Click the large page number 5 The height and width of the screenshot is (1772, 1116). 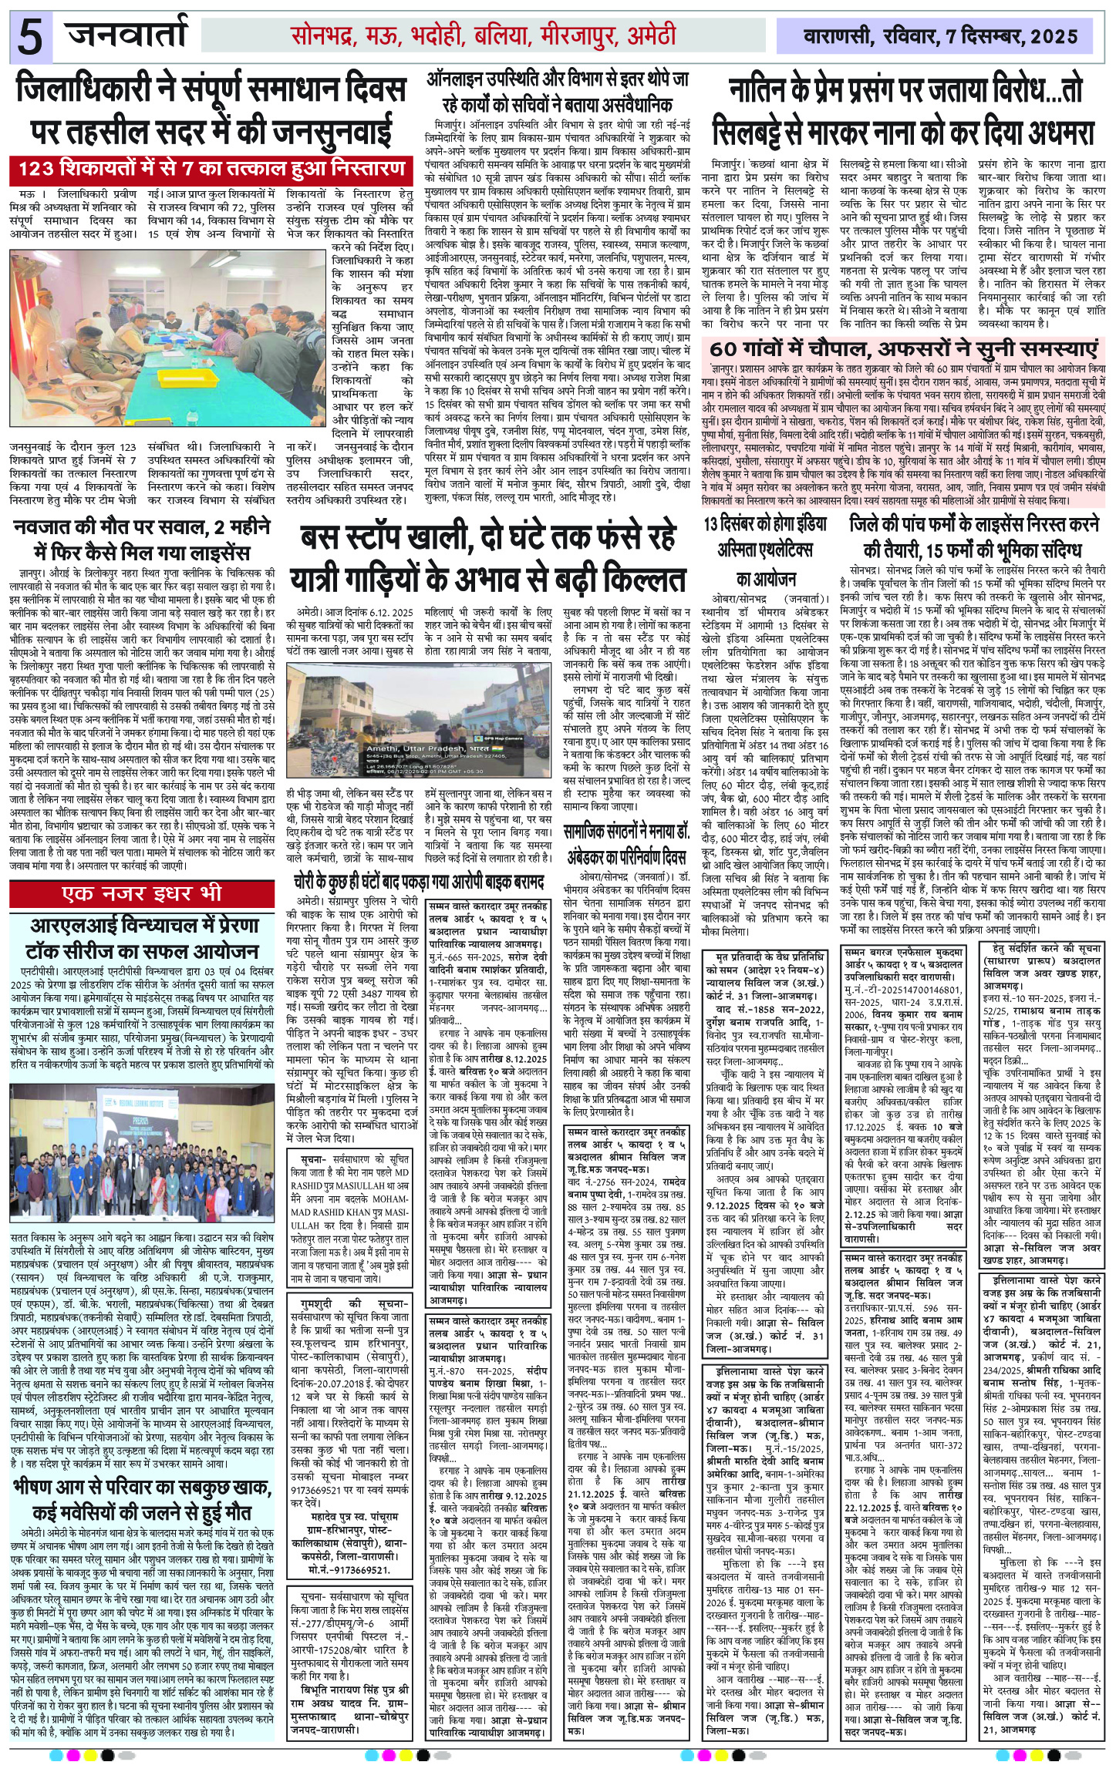[29, 37]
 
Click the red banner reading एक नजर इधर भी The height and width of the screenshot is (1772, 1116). [143, 893]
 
